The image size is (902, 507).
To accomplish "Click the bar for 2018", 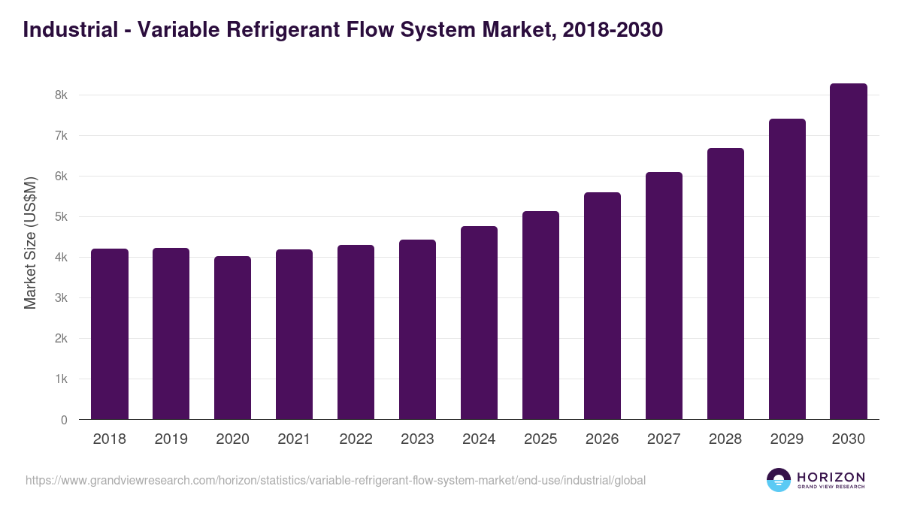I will [x=110, y=334].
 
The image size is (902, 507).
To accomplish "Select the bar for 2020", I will [x=233, y=338].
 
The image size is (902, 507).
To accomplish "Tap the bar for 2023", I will [x=417, y=330].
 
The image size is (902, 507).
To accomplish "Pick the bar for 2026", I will [x=602, y=306].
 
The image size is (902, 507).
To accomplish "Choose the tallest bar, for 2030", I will [x=849, y=252].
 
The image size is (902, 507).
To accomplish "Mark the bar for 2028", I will [x=725, y=284].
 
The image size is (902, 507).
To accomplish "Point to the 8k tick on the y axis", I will [x=61, y=95].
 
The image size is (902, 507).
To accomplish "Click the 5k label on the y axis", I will [x=61, y=217].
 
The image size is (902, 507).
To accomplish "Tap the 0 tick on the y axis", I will [x=64, y=420].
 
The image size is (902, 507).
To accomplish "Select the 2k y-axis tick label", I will [x=61, y=339].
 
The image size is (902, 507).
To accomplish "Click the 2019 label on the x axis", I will [x=171, y=439].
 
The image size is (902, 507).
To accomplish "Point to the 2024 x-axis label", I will [x=479, y=439].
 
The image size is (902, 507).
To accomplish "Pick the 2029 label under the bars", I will [x=787, y=439].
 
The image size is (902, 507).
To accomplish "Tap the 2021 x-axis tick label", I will [x=295, y=439].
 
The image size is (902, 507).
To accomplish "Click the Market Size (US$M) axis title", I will [x=31, y=243].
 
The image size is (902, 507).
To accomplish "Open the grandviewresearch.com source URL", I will [x=335, y=480].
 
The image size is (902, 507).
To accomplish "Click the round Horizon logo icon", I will [x=779, y=480].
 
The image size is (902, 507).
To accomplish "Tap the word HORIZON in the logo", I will [x=831, y=477].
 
